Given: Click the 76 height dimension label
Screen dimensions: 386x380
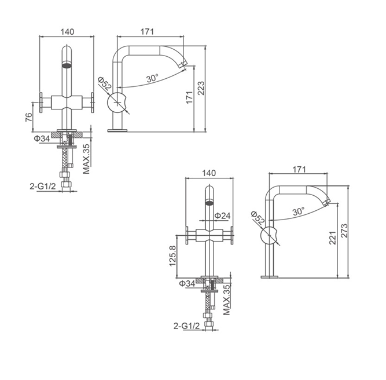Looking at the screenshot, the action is (28, 118).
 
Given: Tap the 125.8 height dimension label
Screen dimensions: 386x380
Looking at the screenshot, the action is (172, 256).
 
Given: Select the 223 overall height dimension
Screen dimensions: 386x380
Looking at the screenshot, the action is (201, 88).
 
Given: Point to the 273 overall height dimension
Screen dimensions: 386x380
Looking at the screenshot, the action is (344, 231).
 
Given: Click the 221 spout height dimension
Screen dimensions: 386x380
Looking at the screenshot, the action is (333, 238).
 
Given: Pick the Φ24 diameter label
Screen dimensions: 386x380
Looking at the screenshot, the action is (223, 215).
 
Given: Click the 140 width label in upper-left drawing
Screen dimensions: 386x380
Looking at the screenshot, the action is (67, 31).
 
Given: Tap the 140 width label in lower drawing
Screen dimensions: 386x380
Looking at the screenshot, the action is (209, 173).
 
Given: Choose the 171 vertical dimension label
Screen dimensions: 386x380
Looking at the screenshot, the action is (189, 97).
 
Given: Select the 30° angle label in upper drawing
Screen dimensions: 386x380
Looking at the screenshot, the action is (153, 78).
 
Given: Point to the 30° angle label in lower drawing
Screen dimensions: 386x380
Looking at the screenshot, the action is (299, 211).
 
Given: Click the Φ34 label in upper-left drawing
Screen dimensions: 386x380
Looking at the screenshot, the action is (42, 138).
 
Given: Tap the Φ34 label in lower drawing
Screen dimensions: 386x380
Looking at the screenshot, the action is (187, 283).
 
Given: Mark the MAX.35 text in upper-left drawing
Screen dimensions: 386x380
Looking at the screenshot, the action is (86, 159).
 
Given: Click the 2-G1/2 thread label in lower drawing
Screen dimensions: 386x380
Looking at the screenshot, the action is (186, 326).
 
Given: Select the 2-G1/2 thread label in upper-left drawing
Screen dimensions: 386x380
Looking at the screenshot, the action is (43, 187).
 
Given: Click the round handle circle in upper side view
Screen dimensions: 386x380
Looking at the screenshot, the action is (118, 103).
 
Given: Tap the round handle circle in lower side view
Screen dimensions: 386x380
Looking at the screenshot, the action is (270, 236).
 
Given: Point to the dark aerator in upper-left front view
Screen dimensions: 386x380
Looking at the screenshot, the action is (67, 65).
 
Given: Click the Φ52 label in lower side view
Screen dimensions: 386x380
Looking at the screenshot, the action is (258, 217).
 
